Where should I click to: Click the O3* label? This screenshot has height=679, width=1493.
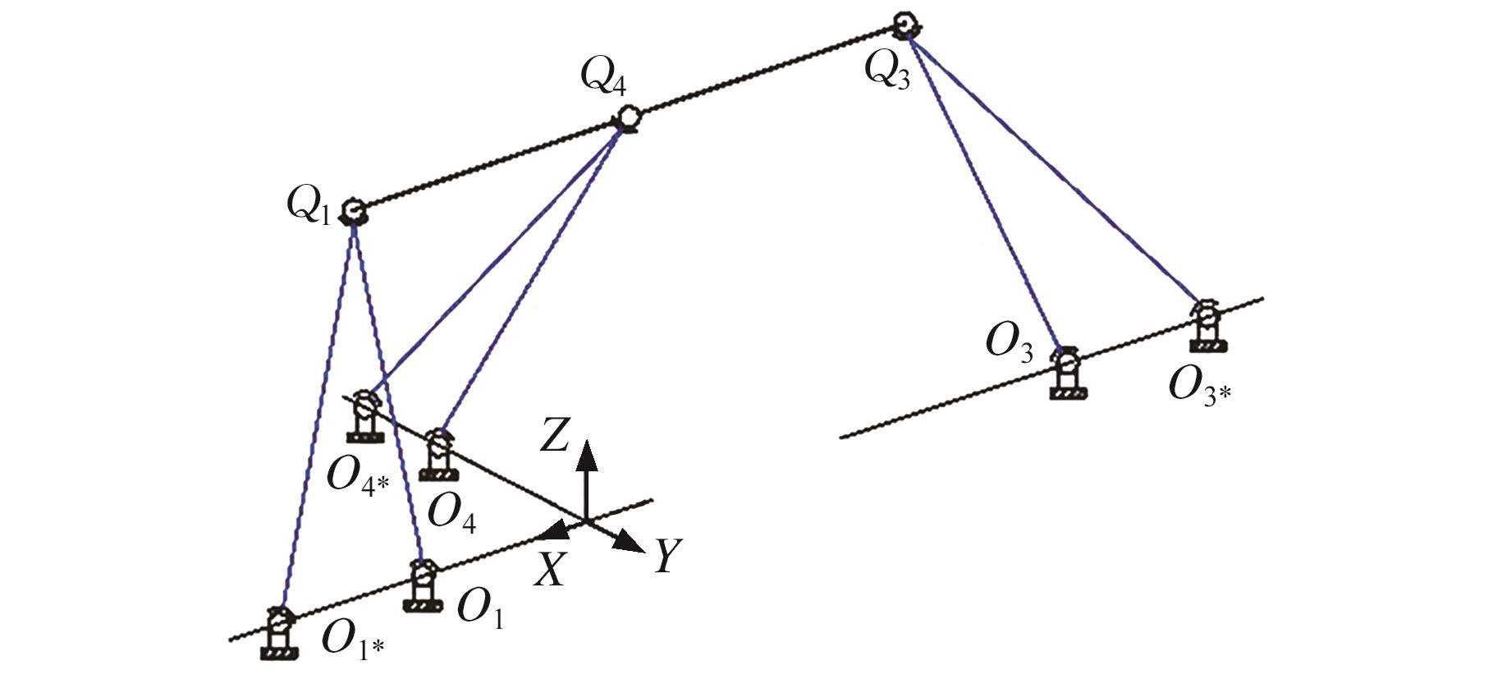pyautogui.click(x=1199, y=385)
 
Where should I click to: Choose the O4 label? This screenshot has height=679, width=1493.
pyautogui.click(x=451, y=513)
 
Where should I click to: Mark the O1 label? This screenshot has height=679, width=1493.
pyautogui.click(x=479, y=608)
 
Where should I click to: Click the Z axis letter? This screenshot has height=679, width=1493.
pyautogui.click(x=554, y=435)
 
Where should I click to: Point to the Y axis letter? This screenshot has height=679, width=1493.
pyautogui.click(x=668, y=557)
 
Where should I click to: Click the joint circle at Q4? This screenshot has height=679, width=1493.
pyautogui.click(x=628, y=118)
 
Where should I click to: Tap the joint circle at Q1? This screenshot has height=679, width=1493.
pyautogui.click(x=354, y=211)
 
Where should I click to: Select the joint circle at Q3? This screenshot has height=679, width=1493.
pyautogui.click(x=905, y=25)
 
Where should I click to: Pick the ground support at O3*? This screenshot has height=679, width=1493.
pyautogui.click(x=1208, y=326)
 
